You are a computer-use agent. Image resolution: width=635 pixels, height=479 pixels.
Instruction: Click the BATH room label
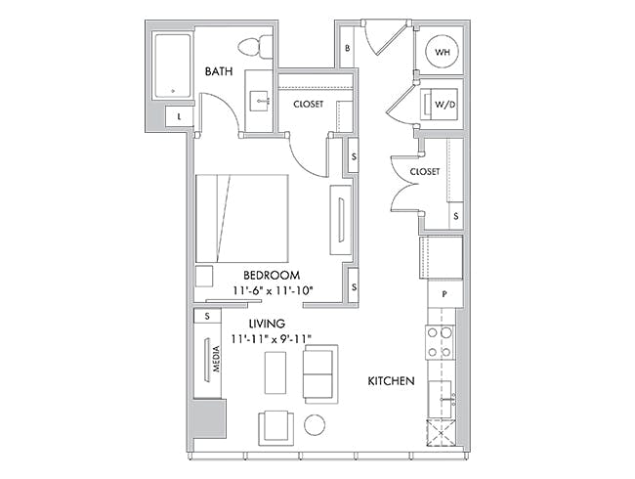pos(219,71)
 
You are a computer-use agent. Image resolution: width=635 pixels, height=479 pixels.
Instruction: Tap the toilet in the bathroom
pos(256,47)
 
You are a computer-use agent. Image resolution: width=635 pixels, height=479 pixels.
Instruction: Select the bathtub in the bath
pos(173,66)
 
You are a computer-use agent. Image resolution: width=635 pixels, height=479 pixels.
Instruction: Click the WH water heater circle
pos(442,52)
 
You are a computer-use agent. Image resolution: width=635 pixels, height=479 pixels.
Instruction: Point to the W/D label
pos(445,105)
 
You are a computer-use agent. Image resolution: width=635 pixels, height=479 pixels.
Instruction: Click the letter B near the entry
pos(347,48)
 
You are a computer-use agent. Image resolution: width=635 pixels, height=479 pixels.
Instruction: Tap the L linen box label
pos(179,117)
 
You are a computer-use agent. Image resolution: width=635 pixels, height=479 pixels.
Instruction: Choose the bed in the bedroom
pos(242,218)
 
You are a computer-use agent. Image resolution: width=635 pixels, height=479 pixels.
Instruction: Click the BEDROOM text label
pos(272,275)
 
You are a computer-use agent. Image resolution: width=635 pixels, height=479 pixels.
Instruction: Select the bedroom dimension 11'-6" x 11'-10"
pos(273,290)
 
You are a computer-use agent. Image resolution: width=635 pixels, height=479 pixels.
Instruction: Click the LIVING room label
pos(267,324)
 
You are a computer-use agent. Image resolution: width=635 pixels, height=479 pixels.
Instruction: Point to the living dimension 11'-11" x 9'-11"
pos(271,339)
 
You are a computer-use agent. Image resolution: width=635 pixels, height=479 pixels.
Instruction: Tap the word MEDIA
pos(217,359)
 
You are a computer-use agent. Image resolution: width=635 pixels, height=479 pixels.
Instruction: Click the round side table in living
pos(315,425)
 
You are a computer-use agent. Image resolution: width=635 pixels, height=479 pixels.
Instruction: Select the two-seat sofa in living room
pos(320,374)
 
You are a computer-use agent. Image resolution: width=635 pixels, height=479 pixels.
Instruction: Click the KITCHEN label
pos(391,381)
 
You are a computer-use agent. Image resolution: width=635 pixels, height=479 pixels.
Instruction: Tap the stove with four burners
pos(440,342)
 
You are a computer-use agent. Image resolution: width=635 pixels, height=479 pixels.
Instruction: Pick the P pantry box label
pos(444,294)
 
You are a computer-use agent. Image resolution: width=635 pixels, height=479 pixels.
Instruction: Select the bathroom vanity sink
pos(259,101)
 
